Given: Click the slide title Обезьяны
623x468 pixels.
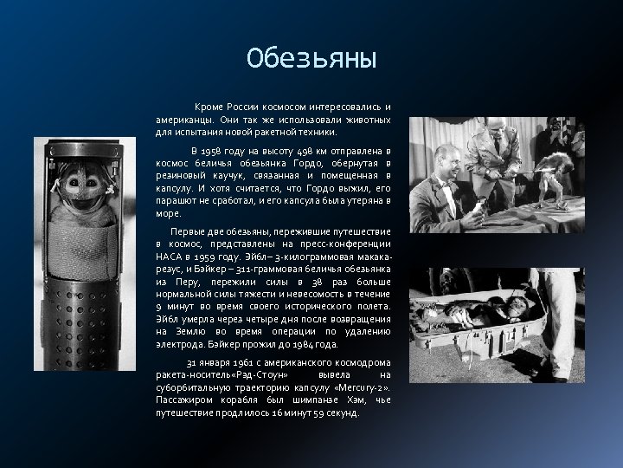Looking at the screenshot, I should tap(311, 59).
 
